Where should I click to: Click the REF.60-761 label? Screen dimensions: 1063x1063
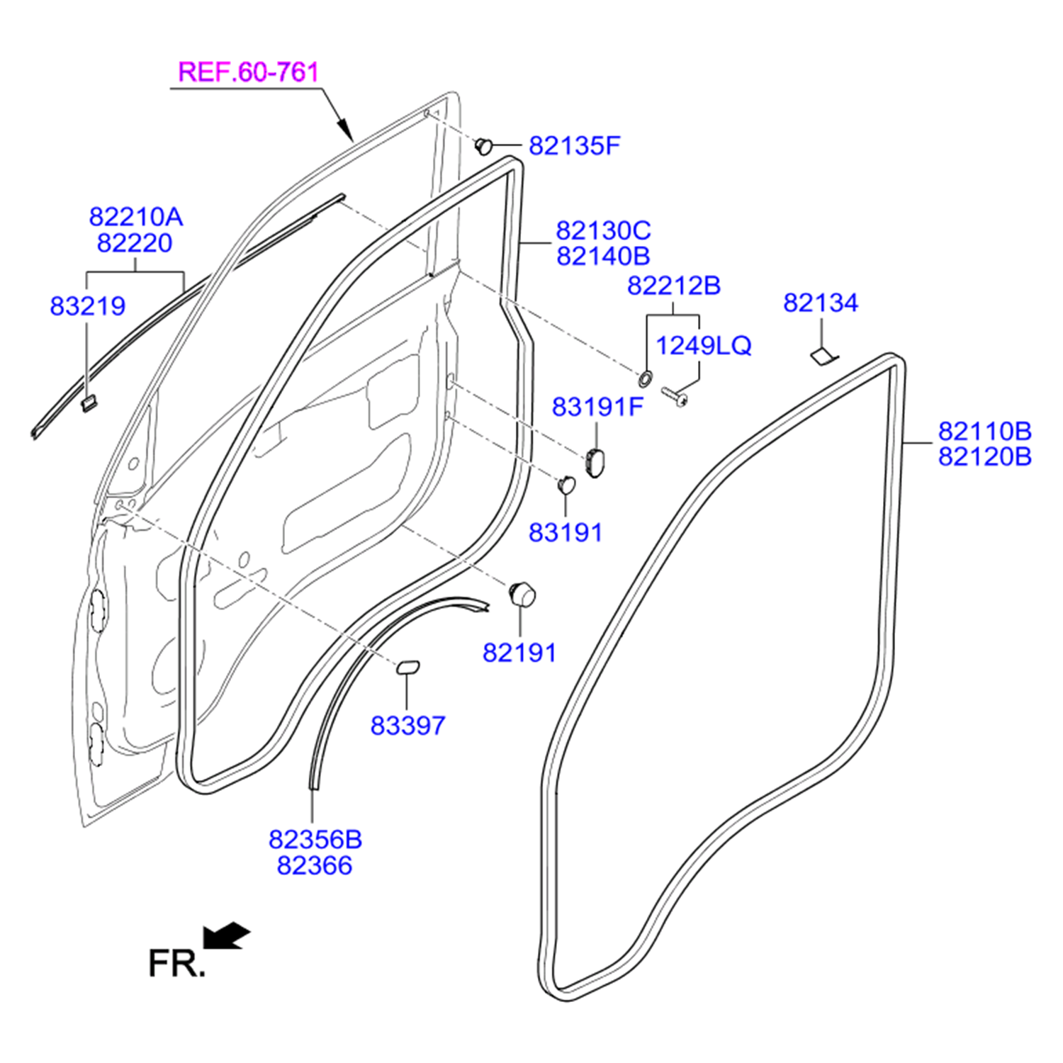(x=248, y=72)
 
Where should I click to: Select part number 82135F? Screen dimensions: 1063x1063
(x=574, y=146)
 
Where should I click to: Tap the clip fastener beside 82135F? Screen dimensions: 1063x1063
(x=484, y=146)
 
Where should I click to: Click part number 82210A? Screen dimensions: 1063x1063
(x=135, y=217)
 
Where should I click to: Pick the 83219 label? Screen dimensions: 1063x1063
(x=87, y=306)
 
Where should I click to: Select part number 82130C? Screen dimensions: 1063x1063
(x=602, y=231)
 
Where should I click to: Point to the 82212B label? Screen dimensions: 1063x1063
(x=673, y=286)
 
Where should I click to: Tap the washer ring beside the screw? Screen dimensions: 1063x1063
(x=646, y=379)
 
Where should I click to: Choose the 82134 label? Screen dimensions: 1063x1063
(x=820, y=303)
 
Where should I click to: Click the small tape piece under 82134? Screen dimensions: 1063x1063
(x=823, y=356)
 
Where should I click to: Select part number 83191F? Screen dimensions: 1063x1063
(x=597, y=407)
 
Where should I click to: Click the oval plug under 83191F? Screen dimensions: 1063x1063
(x=594, y=461)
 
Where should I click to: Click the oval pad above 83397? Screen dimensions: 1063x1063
(x=407, y=666)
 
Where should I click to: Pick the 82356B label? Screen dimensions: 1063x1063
(x=315, y=840)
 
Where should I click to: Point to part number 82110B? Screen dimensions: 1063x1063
(x=984, y=432)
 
